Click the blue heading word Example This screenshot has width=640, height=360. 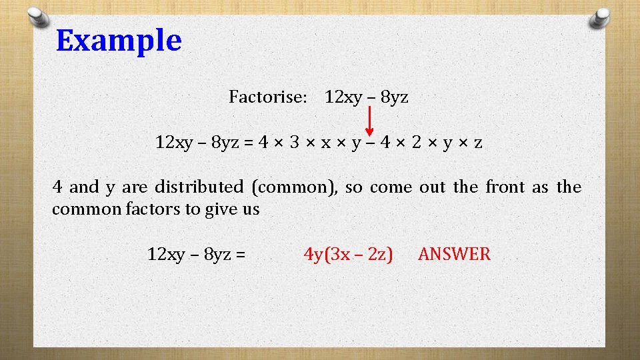point(119,41)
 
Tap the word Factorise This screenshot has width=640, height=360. point(267,97)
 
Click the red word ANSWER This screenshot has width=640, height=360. point(454,254)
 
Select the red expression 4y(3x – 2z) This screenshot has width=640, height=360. point(348,254)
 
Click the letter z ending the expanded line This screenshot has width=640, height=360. point(478,143)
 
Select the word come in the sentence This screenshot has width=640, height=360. point(391,187)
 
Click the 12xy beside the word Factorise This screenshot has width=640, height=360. point(343,97)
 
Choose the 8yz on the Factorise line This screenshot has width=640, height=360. point(393,97)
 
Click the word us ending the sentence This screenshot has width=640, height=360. point(251,210)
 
